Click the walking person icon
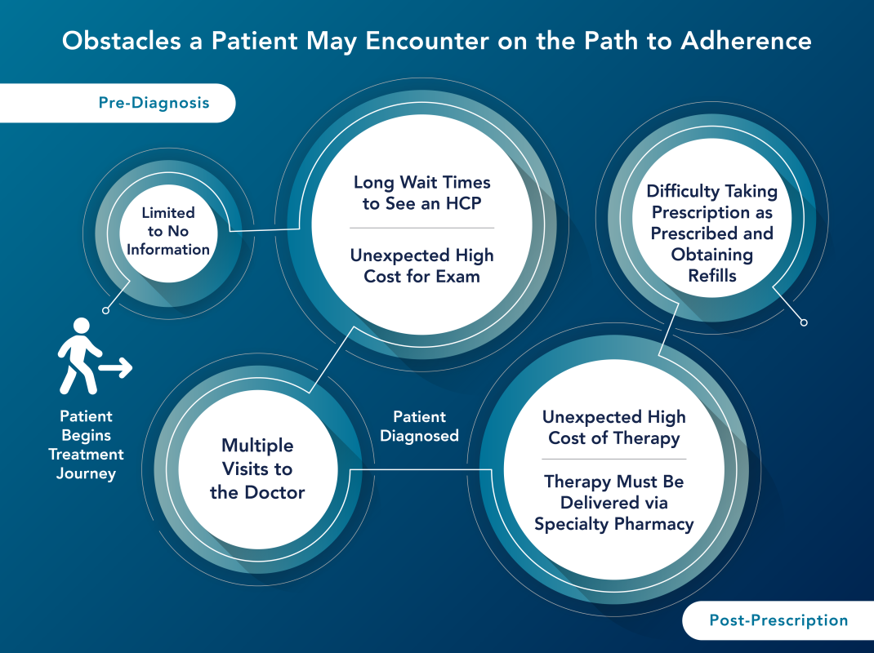pos(78,356)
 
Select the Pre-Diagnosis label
pos(154,103)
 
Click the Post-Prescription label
pos(778,620)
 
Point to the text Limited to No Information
pos(168,231)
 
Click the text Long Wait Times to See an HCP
pos(421,193)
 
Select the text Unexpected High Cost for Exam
pos(421,265)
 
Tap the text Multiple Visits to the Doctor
pos(256,469)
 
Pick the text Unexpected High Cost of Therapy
pos(614,427)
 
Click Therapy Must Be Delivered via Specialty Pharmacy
pos(614,503)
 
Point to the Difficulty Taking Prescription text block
pos(712,233)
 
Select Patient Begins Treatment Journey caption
pos(86,445)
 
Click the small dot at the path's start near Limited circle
pos(105,310)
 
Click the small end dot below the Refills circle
pos(804,322)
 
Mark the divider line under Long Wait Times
pos(421,228)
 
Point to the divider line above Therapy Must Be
pos(614,460)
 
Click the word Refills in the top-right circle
pos(712,276)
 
